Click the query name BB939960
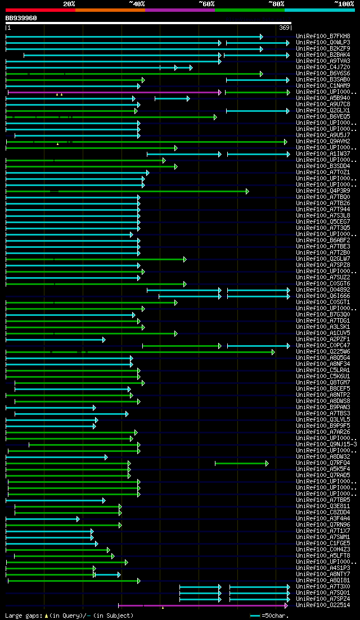coord(21,18)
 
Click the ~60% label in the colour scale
coord(206,4)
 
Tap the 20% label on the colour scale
coord(69,4)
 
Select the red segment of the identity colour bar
coord(40,10)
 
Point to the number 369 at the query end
coord(284,28)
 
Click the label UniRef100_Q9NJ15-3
coord(326,444)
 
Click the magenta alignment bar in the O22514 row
coord(202,605)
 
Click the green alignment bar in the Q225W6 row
coord(141,352)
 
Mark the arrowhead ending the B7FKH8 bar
coord(262,37)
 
